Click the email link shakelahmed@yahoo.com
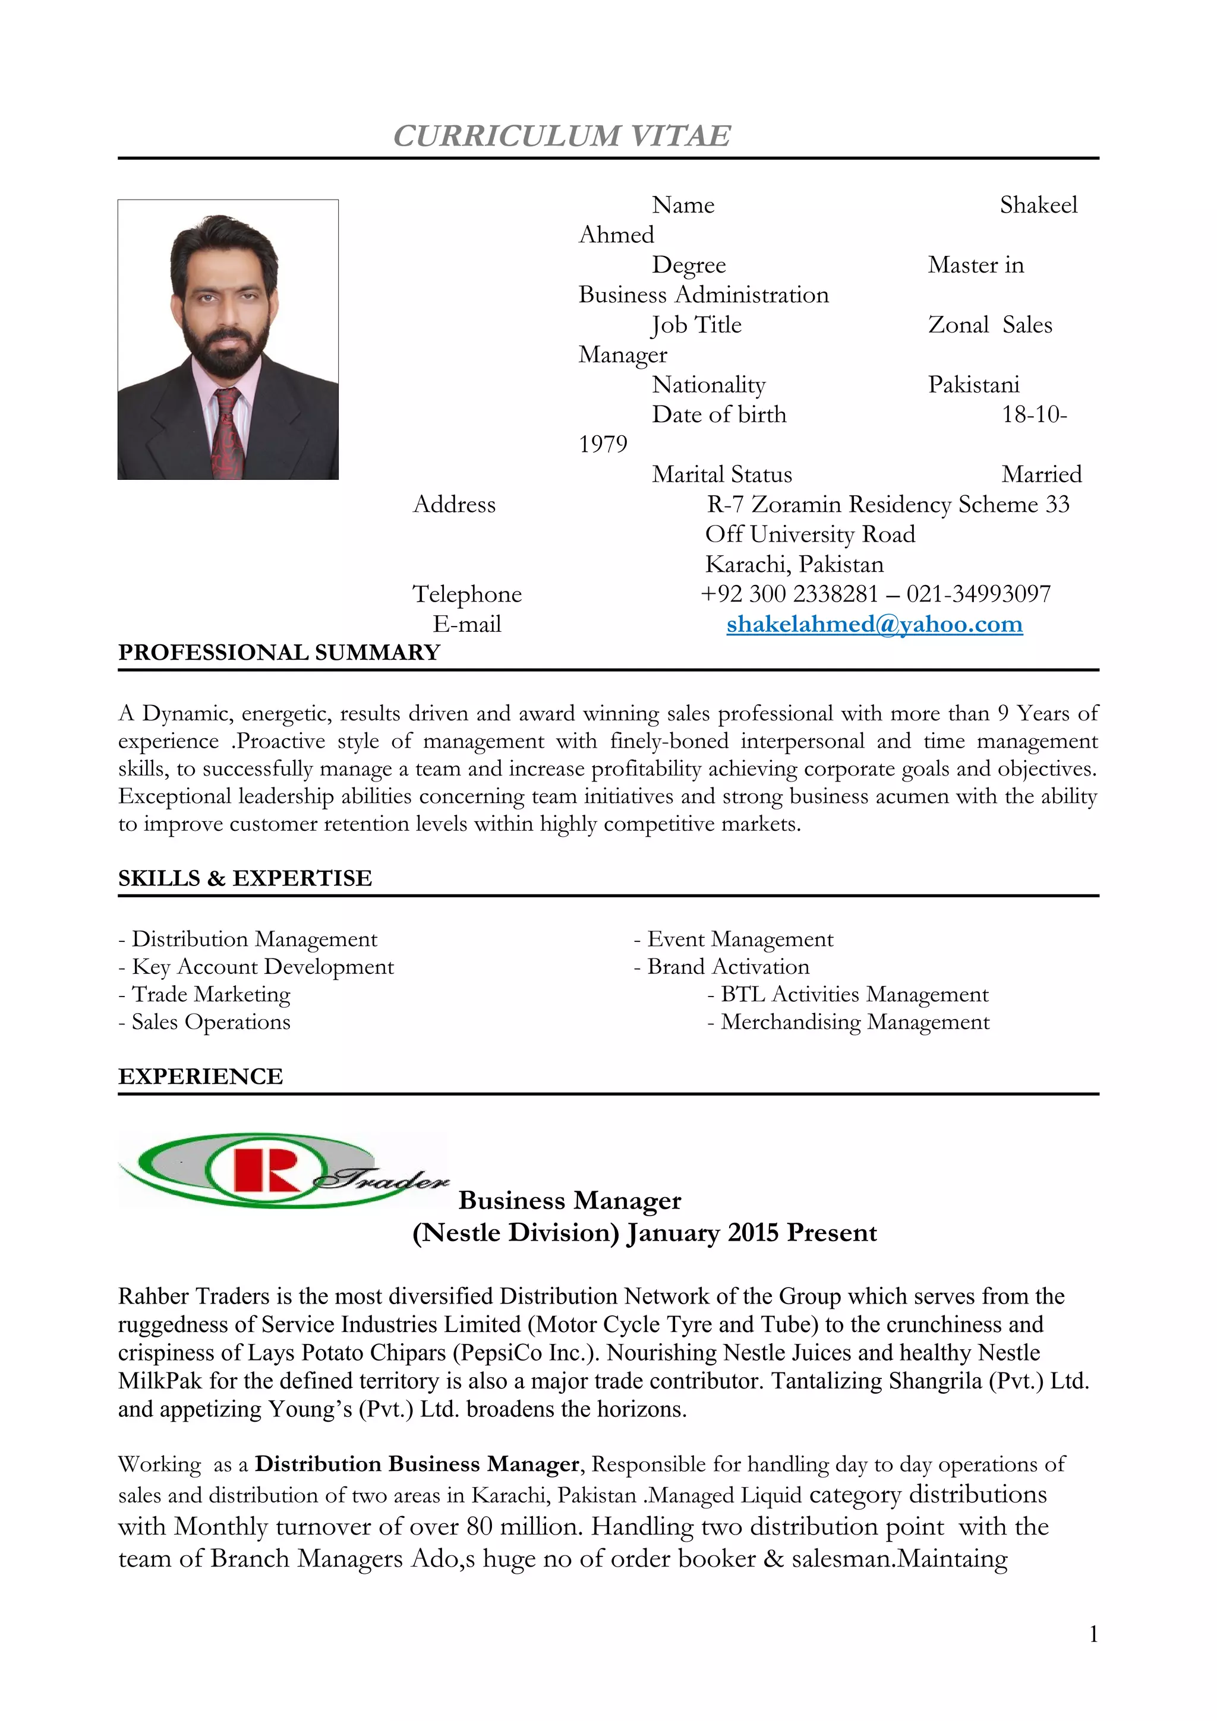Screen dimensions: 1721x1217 pos(874,624)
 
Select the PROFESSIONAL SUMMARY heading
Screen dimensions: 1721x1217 pos(279,652)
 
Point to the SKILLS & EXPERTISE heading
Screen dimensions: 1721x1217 pos(244,878)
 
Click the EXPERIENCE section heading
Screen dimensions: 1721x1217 pos(200,1077)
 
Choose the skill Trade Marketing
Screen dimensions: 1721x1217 pos(211,994)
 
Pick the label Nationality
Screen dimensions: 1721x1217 pos(708,385)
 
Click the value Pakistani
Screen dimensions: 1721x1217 pos(973,385)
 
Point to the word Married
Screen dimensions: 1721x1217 pos(1042,474)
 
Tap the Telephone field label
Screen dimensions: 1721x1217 pos(467,594)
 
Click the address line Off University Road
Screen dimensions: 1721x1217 pos(810,534)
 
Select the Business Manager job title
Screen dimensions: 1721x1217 pos(570,1200)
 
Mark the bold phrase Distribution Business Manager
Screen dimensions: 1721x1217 pos(417,1464)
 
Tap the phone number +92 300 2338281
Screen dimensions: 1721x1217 pos(789,594)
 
